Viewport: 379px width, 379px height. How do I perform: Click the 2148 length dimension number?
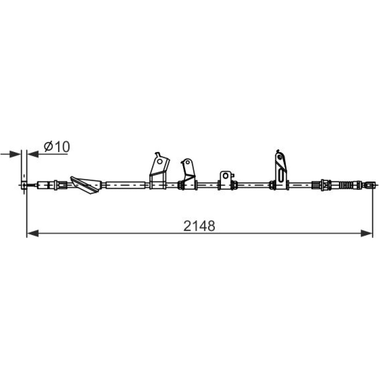click(199, 226)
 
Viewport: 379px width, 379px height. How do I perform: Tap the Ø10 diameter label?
click(57, 147)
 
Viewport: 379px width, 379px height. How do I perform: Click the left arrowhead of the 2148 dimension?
click(33, 233)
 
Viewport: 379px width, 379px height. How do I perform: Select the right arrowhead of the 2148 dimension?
click(366, 233)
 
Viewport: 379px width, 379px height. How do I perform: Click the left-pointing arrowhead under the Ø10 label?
click(33, 154)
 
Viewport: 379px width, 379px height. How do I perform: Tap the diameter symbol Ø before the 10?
click(49, 147)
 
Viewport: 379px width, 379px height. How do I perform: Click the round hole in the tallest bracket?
click(280, 157)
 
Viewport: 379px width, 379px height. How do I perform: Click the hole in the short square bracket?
click(226, 176)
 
